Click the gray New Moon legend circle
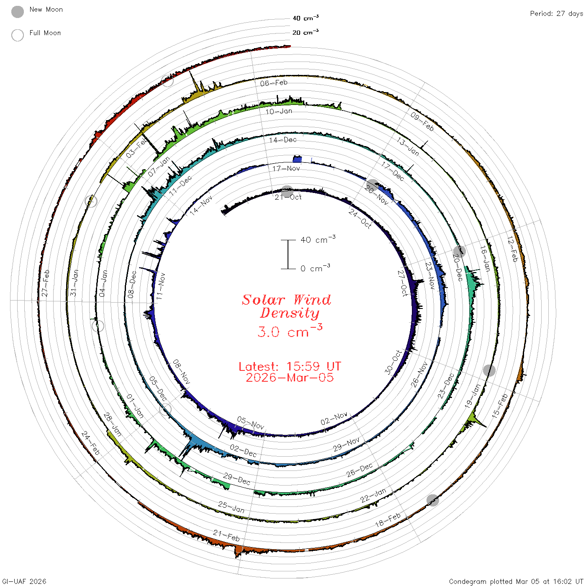[17, 12]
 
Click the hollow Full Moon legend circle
[17, 35]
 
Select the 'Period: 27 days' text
[556, 14]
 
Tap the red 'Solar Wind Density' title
[286, 306]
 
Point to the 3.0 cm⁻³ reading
[290, 331]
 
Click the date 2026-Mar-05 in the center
[290, 378]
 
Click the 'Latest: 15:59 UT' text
[290, 366]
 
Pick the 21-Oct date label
[288, 197]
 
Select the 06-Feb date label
[274, 83]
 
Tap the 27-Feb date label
[45, 283]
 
